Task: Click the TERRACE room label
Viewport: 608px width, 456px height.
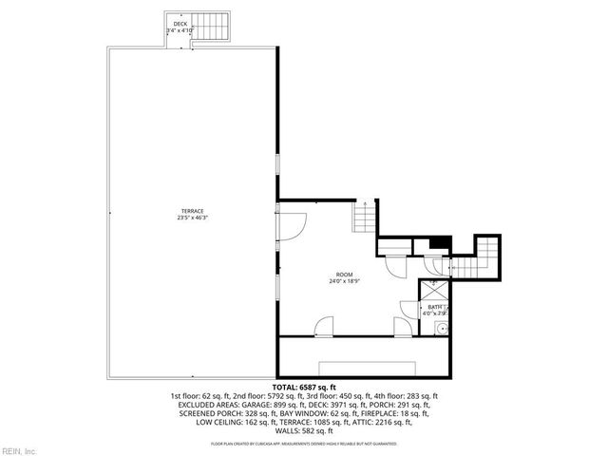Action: [193, 210]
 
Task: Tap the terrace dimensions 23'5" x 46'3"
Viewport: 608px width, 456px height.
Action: [193, 218]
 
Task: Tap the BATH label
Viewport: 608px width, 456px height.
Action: [433, 307]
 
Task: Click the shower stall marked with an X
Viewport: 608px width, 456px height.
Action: [434, 289]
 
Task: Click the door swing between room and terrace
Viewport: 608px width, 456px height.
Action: [291, 225]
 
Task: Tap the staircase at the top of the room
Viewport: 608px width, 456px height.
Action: [364, 218]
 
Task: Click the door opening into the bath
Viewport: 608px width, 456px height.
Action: [409, 310]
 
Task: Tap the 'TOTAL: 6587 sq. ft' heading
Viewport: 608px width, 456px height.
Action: [303, 388]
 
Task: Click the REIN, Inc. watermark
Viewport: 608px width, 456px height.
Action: [19, 450]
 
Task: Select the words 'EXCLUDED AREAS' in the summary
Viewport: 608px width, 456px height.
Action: [206, 404]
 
